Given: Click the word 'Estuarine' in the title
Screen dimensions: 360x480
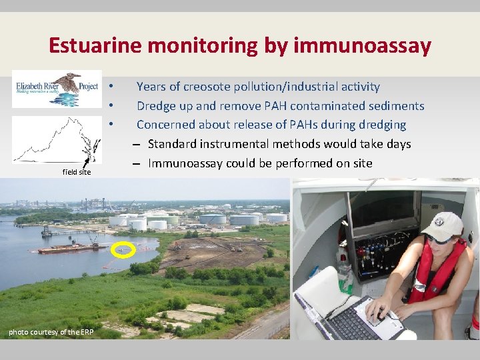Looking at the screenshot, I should [x=95, y=46].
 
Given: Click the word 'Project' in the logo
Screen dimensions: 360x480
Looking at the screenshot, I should [x=89, y=87].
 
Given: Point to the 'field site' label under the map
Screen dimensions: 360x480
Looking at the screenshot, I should [x=76, y=172].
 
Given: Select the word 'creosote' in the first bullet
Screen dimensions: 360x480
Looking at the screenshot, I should [x=217, y=87].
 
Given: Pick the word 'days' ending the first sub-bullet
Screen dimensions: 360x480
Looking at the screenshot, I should [x=397, y=144].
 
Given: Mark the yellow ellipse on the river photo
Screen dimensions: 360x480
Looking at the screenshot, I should [x=123, y=251].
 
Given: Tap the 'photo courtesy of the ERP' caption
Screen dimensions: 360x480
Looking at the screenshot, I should [x=51, y=332].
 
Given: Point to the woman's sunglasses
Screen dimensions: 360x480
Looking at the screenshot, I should [x=436, y=239].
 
